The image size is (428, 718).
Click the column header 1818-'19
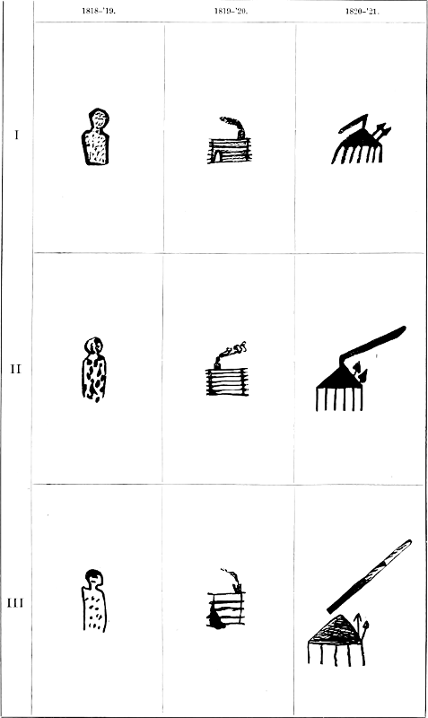pos(99,11)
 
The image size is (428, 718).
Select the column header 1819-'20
pos(231,11)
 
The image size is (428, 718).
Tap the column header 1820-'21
pos(362,11)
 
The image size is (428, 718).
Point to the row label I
pos(17,136)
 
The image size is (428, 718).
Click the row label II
pos(16,369)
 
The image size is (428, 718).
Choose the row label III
pos(15,603)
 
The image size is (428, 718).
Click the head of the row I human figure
pos(99,118)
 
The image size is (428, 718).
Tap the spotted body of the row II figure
pos(94,378)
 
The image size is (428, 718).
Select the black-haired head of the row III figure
pos(93,576)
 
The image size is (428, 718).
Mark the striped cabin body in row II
pos(227,382)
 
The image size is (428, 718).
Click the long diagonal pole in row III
pos(370,576)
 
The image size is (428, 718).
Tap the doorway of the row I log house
pos(217,156)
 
